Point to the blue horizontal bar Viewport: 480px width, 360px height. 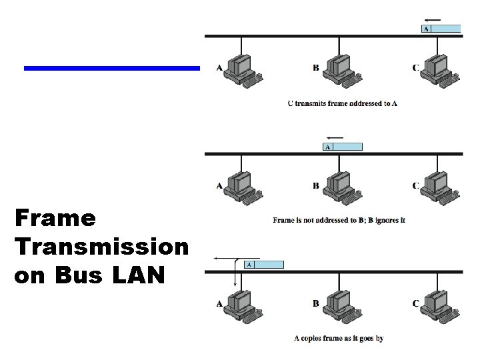(x=112, y=68)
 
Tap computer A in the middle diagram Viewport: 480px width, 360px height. (x=241, y=187)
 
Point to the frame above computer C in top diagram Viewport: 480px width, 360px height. (x=441, y=29)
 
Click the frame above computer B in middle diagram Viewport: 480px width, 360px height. (x=343, y=147)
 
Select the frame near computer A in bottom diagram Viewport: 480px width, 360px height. (x=264, y=265)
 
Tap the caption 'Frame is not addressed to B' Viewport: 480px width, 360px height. (x=339, y=221)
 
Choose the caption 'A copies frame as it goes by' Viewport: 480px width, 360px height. (x=339, y=339)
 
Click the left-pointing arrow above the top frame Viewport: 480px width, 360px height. (x=433, y=19)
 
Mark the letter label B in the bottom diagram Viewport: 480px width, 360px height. (x=316, y=304)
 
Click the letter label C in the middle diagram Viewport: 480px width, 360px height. (x=415, y=186)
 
